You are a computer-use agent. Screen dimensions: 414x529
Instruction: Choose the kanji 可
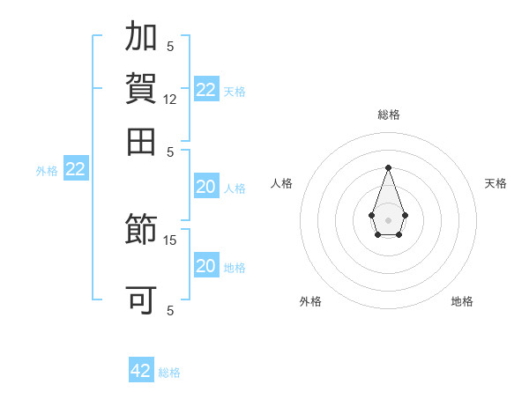[142, 300]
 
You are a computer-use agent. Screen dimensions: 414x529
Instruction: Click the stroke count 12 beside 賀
[170, 100]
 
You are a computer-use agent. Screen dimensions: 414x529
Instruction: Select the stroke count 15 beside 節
[170, 240]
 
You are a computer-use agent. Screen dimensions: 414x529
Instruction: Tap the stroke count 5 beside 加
[170, 46]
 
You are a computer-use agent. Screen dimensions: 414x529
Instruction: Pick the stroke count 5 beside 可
[170, 310]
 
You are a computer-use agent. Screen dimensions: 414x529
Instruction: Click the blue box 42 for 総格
[141, 371]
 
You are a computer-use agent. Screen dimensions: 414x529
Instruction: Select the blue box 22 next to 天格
[206, 90]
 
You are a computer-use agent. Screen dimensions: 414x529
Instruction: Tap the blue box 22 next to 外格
[75, 170]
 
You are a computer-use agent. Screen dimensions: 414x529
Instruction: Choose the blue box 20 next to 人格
[205, 187]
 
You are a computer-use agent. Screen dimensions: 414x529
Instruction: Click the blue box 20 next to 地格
[205, 266]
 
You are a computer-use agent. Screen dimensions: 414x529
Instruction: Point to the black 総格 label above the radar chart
[389, 115]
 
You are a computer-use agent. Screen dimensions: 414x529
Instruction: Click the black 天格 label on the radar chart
[496, 183]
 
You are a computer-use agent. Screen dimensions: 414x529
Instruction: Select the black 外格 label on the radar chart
[310, 301]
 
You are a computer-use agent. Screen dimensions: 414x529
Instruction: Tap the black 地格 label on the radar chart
[462, 301]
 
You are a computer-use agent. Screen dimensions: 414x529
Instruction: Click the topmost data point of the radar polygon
[388, 167]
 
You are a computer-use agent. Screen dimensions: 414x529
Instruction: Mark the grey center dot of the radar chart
[388, 219]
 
